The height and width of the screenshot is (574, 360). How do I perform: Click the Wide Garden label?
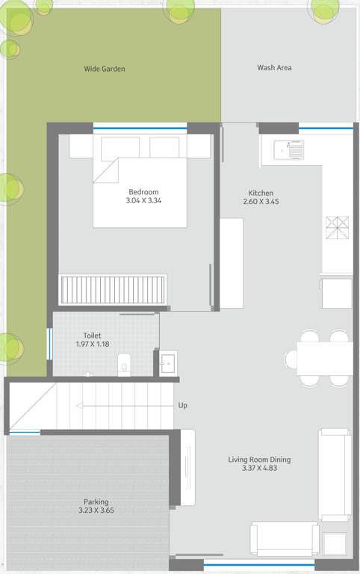coord(105,69)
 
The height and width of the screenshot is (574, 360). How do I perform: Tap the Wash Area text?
coord(274,68)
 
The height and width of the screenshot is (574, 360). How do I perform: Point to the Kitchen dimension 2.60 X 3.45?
coord(261,202)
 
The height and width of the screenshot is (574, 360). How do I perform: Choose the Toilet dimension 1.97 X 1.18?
coord(93,345)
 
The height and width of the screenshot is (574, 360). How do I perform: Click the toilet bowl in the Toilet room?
coord(124,364)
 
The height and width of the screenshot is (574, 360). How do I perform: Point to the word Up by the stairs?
coord(182,405)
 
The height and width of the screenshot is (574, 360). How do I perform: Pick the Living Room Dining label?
coord(259,460)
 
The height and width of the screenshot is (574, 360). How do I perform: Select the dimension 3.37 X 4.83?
coord(259,469)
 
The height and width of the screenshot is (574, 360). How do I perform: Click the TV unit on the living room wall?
coord(187,467)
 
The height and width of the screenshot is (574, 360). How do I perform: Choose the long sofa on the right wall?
coord(335,474)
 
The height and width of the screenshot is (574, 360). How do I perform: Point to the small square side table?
coord(335,543)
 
